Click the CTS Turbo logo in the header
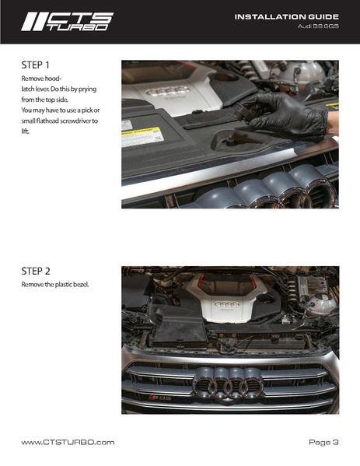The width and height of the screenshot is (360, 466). click(x=67, y=22)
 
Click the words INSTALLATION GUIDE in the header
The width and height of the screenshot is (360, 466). click(x=287, y=17)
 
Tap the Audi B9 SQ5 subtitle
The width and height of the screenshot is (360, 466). click(x=318, y=26)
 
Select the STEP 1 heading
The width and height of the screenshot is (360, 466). click(x=35, y=65)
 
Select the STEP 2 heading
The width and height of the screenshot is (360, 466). click(x=36, y=271)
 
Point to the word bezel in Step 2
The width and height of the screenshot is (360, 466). click(x=81, y=285)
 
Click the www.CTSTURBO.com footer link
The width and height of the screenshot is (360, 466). click(x=68, y=443)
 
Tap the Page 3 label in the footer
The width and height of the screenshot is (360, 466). click(x=323, y=443)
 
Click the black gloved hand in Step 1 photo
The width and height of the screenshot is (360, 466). click(x=289, y=114)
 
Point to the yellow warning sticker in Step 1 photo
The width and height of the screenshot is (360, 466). click(x=143, y=136)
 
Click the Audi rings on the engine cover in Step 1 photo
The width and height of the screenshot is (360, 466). click(x=168, y=90)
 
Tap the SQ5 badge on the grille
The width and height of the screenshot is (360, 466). click(x=159, y=398)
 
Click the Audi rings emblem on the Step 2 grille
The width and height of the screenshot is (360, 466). click(x=228, y=384)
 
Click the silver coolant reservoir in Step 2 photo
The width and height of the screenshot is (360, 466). click(x=320, y=303)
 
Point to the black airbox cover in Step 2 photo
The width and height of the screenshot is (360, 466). click(x=179, y=328)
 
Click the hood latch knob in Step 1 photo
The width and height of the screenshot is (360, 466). click(x=230, y=140)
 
